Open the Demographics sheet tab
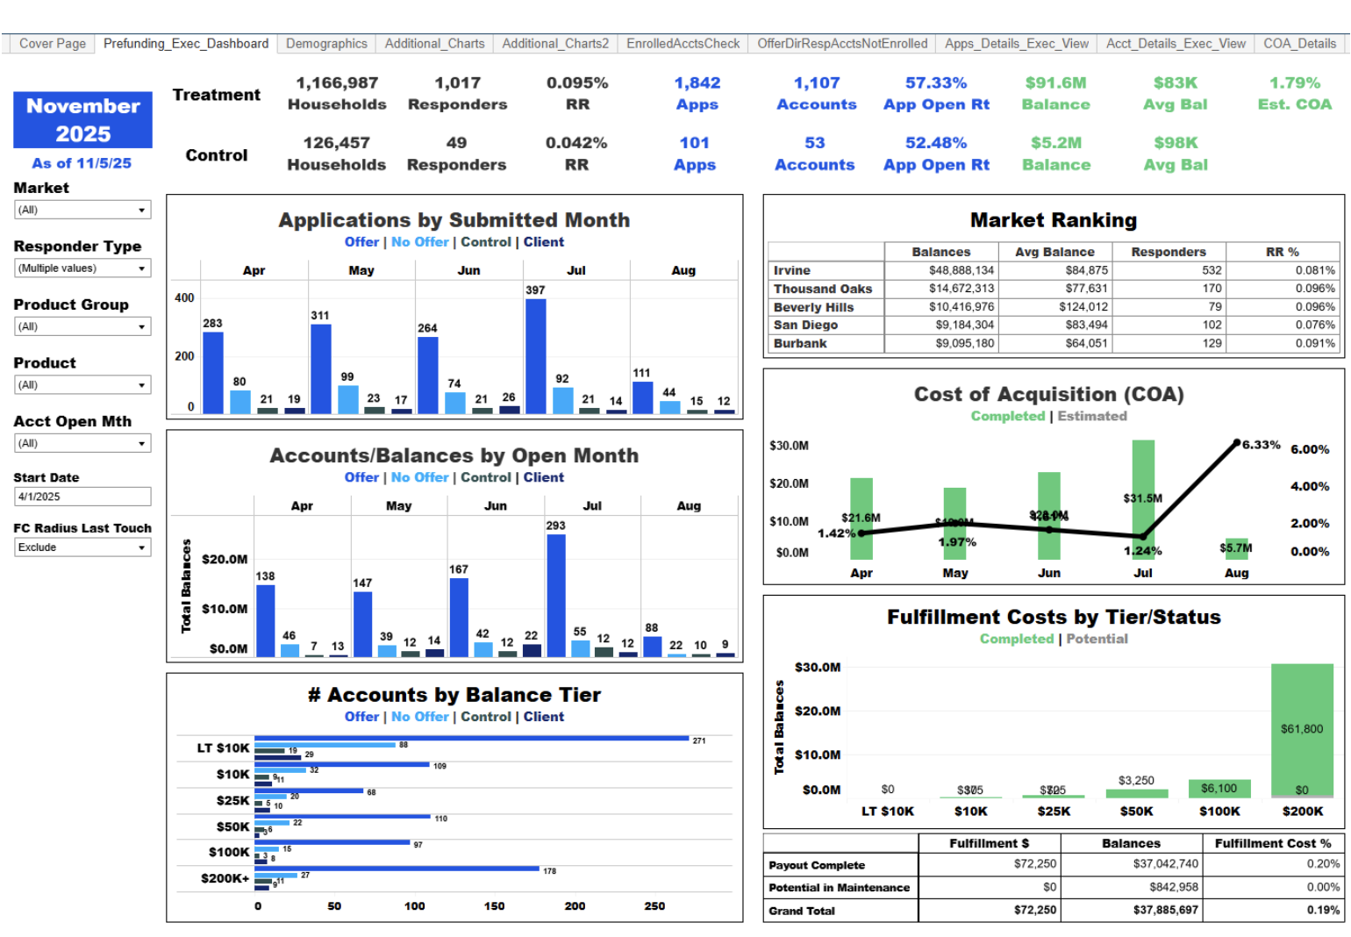click(x=326, y=44)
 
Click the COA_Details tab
click(x=1299, y=44)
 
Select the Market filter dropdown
click(x=82, y=210)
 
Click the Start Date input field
click(x=82, y=497)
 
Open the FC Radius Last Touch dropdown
click(x=82, y=547)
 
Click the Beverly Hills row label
click(x=813, y=307)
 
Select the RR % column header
click(x=1282, y=252)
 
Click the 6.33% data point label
click(x=1261, y=445)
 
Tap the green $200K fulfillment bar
click(x=1302, y=728)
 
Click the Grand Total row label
click(x=802, y=911)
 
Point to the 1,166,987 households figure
click(x=337, y=83)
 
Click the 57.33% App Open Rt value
click(x=936, y=83)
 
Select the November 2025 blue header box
click(x=82, y=120)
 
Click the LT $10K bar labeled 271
click(x=471, y=739)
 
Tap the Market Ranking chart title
click(x=1053, y=220)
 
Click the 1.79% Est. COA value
click(x=1294, y=83)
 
